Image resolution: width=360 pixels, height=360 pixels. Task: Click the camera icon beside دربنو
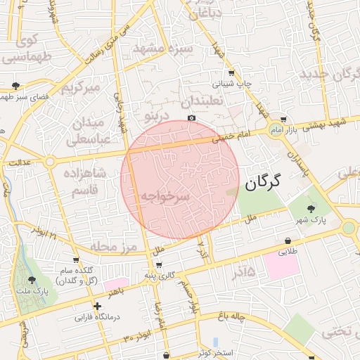[191, 118]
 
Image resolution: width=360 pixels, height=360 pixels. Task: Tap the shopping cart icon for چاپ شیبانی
[232, 73]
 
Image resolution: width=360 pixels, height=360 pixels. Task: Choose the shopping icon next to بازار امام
[283, 120]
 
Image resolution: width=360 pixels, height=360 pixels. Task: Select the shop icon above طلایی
[288, 240]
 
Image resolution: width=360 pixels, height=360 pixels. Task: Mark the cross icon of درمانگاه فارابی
[97, 306]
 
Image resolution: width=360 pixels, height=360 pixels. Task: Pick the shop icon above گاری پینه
[159, 265]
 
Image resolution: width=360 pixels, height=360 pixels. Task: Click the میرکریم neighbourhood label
[83, 89]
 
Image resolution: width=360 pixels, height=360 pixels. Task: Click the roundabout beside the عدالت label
[49, 162]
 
